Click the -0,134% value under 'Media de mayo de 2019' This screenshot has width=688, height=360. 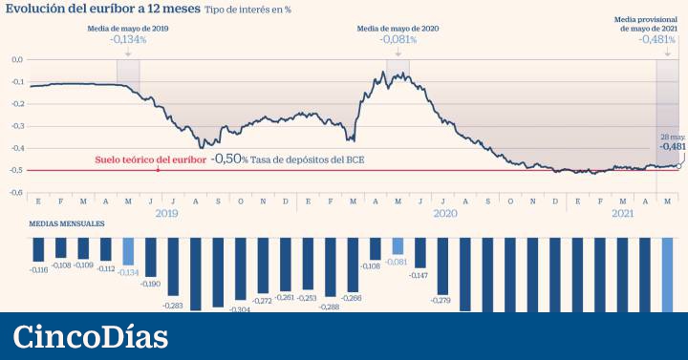[x=128, y=40]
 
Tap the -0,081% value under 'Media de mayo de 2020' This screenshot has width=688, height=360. [x=398, y=40]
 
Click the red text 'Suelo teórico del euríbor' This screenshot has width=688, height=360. [x=150, y=159]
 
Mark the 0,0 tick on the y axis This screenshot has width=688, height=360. [x=16, y=59]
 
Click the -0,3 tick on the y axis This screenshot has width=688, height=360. [x=16, y=126]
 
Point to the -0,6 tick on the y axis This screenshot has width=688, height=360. [x=16, y=192]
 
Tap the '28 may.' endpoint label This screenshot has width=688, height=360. [x=671, y=137]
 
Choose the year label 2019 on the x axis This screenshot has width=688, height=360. [x=166, y=214]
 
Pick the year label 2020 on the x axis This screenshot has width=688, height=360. [x=444, y=214]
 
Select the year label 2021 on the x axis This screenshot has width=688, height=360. [x=622, y=214]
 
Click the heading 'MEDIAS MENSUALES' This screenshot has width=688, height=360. [x=67, y=224]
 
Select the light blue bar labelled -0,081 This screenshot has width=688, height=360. [x=398, y=245]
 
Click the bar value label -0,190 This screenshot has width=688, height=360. [x=150, y=285]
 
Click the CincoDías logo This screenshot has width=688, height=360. [x=91, y=336]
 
